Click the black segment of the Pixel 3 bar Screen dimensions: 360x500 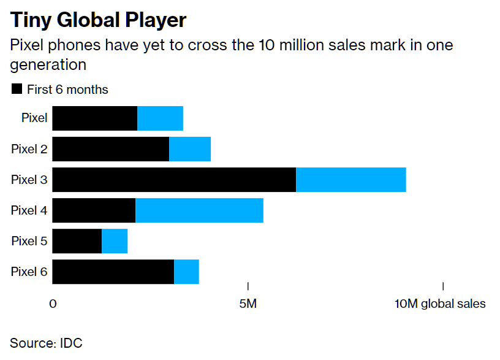coord(174,180)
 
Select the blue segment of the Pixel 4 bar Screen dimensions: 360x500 coord(199,210)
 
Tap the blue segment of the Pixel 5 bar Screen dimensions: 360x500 coord(115,241)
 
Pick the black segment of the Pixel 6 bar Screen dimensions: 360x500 coord(113,272)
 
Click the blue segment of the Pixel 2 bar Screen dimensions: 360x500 coord(190,149)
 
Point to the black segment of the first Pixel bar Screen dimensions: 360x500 coord(95,118)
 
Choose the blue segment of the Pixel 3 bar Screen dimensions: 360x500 coord(351,180)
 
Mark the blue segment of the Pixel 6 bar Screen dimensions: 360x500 coord(186,272)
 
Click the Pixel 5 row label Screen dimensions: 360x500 coord(29,241)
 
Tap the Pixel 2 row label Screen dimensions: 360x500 coord(29,149)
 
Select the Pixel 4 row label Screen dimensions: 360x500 coord(29,210)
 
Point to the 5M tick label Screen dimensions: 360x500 coord(248,304)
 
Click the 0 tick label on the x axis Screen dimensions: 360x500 coord(53,304)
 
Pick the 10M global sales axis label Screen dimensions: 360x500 coord(440,304)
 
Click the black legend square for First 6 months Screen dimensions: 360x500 coord(17,90)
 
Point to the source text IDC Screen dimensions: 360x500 coord(72,343)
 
